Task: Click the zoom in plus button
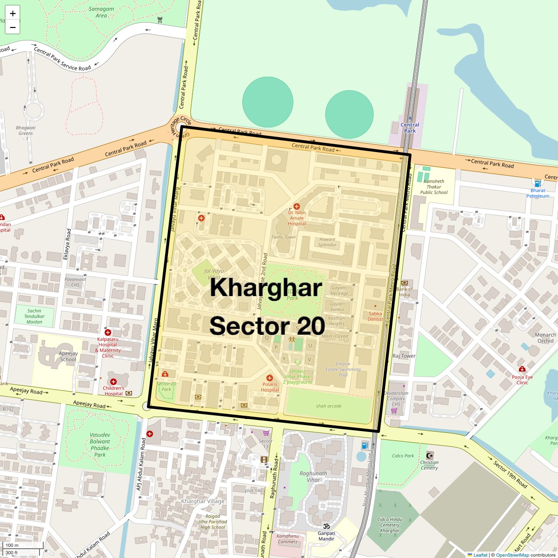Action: tap(13, 13)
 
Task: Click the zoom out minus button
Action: tap(13, 27)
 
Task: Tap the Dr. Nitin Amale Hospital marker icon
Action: tap(297, 206)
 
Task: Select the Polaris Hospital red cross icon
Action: tap(269, 378)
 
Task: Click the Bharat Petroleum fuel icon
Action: tap(538, 184)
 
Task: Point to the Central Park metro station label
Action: tap(410, 128)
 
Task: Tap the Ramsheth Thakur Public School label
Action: tap(434, 187)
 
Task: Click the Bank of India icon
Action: tap(404, 283)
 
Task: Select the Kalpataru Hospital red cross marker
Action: tap(108, 332)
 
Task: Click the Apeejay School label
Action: tap(68, 357)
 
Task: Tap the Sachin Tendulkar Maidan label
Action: tap(34, 316)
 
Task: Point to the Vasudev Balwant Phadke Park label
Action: tap(100, 445)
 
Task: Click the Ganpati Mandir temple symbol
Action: tap(326, 526)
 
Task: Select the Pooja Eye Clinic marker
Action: tap(522, 369)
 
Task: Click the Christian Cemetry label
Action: tap(429, 465)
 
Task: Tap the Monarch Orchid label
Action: tap(545, 338)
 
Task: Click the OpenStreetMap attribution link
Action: tap(512, 555)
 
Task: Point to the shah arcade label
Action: tap(329, 406)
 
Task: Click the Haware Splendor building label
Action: tap(327, 242)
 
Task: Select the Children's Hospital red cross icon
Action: tap(113, 381)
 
